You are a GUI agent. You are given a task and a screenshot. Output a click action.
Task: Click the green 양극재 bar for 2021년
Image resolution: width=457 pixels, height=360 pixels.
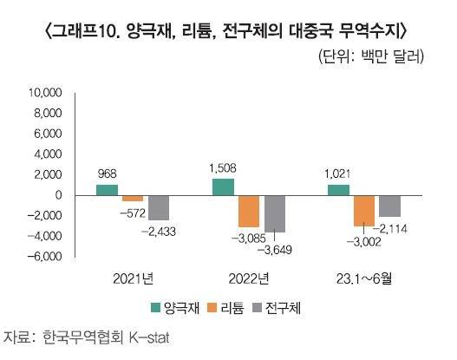(107, 189)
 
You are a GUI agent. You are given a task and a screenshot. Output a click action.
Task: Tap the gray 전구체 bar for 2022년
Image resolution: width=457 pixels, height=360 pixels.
(275, 213)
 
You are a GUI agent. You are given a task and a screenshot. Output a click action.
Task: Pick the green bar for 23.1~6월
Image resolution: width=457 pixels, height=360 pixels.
(338, 189)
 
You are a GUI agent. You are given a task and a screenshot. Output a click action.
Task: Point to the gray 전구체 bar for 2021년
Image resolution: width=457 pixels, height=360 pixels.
(159, 207)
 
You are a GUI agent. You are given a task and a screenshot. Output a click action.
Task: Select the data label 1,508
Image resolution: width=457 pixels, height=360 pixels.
(223, 167)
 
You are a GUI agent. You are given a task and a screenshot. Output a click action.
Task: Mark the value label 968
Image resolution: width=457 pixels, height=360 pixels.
(107, 173)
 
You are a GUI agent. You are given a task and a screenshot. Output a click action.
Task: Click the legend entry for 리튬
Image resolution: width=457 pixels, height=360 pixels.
(233, 307)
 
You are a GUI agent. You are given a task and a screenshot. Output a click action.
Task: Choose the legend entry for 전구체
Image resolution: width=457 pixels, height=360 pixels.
(284, 307)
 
